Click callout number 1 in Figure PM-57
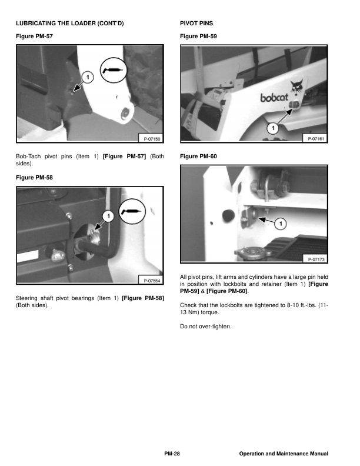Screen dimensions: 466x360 (86, 77)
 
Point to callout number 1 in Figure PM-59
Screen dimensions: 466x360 (272, 128)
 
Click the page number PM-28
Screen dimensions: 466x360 (172, 454)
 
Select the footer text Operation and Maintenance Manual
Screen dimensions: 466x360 (284, 454)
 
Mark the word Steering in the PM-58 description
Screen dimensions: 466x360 (28, 299)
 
